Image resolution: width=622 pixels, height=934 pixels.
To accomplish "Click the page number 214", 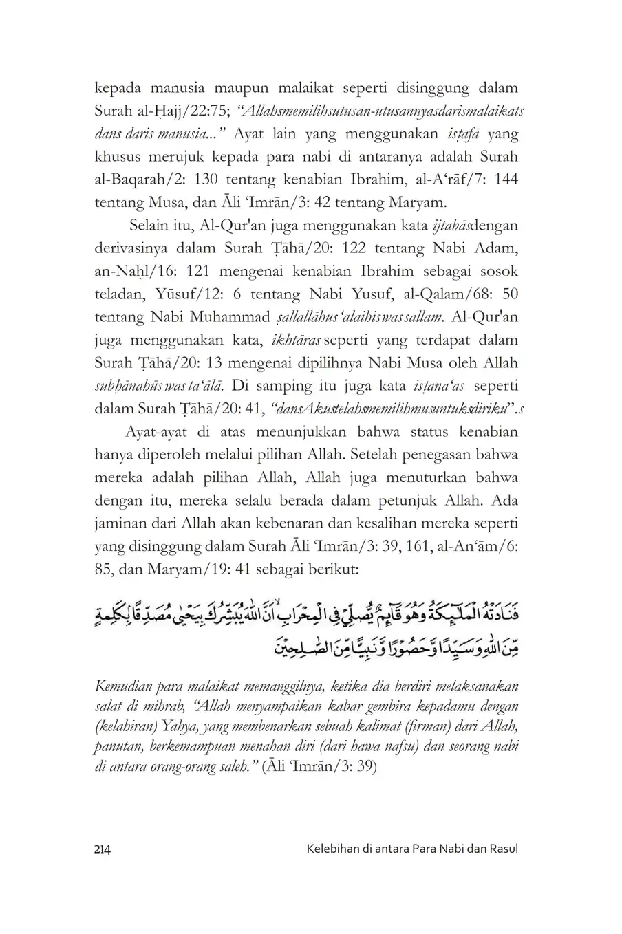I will [x=102, y=849].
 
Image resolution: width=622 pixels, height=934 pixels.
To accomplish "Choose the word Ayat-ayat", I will [x=155, y=433].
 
